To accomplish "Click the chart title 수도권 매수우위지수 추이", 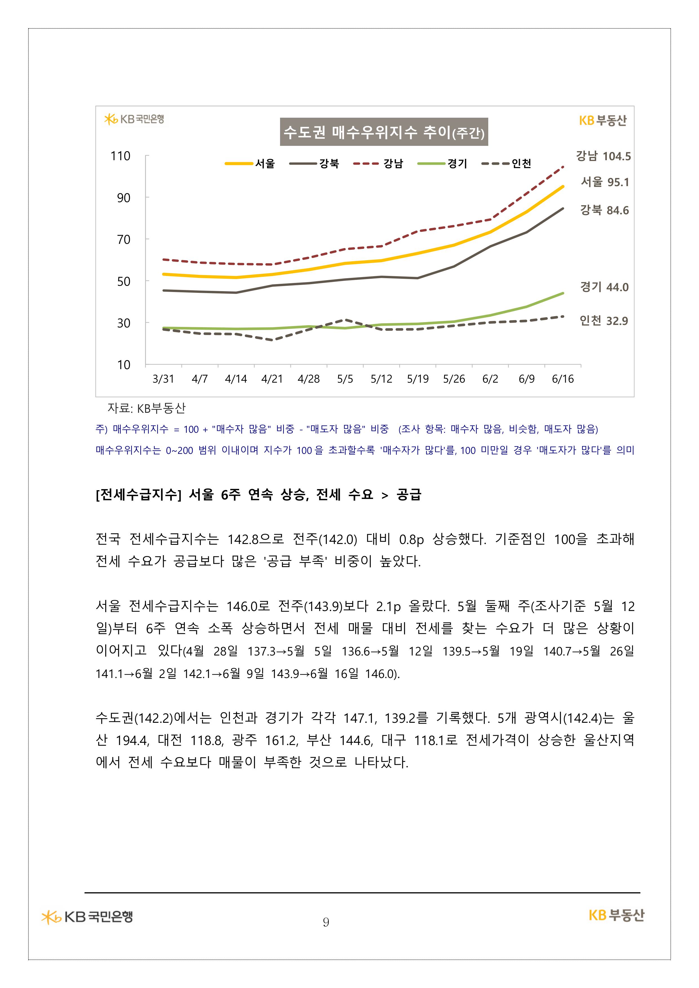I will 384,132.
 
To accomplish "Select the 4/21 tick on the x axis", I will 272,379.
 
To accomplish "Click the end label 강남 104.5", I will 603,156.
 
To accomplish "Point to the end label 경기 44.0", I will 604,287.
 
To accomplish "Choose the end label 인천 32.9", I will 603,321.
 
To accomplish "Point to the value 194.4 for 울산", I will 132,741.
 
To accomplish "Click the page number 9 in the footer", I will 326,922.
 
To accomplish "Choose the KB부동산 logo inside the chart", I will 603,121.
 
